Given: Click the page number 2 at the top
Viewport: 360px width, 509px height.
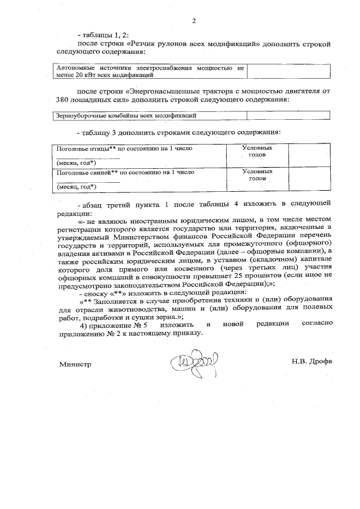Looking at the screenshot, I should [194, 21].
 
